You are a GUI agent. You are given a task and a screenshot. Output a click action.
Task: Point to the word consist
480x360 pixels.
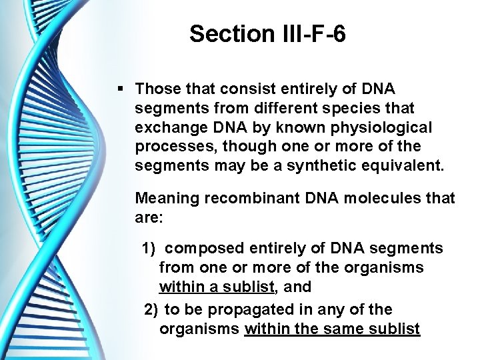coord(243,89)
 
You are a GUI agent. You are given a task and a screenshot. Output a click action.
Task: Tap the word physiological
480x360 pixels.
coord(380,127)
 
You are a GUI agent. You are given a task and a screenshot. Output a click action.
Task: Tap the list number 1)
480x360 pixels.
coord(147,249)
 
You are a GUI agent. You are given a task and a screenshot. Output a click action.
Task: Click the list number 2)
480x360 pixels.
coord(151,310)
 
